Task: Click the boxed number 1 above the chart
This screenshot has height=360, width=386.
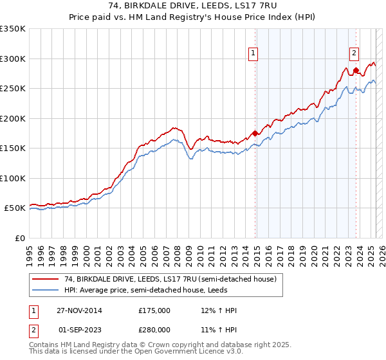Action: point(253,54)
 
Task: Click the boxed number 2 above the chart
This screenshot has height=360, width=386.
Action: point(354,54)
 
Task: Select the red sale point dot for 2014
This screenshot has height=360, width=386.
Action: point(255,133)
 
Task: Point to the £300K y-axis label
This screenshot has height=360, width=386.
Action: point(12,59)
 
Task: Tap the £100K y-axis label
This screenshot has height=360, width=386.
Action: point(12,178)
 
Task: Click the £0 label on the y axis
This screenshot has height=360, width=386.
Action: point(19,238)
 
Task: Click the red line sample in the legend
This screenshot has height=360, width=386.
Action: point(45,279)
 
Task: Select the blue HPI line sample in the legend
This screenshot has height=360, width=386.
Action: point(45,290)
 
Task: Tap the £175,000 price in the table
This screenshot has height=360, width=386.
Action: point(154,310)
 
